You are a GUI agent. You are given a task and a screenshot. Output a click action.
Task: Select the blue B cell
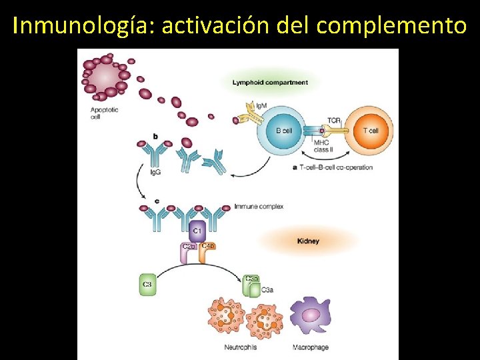pyautogui.click(x=283, y=131)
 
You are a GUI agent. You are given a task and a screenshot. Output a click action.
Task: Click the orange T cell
pyautogui.click(x=369, y=131)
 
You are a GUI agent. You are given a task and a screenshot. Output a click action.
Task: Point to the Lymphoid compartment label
pyautogui.click(x=270, y=83)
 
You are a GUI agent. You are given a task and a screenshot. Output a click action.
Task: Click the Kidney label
pyautogui.click(x=308, y=241)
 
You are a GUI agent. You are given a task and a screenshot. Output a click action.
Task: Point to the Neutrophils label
pyautogui.click(x=240, y=347)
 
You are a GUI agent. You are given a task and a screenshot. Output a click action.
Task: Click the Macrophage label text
pyautogui.click(x=311, y=347)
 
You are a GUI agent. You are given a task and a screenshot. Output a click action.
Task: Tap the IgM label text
pyautogui.click(x=261, y=105)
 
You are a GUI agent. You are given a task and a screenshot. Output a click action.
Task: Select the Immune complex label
pyautogui.click(x=259, y=207)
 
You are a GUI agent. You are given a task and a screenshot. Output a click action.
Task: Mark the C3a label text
pyautogui.click(x=267, y=289)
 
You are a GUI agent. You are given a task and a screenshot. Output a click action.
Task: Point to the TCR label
pyautogui.click(x=333, y=121)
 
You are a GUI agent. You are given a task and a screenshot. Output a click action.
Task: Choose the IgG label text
pyautogui.click(x=155, y=172)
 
